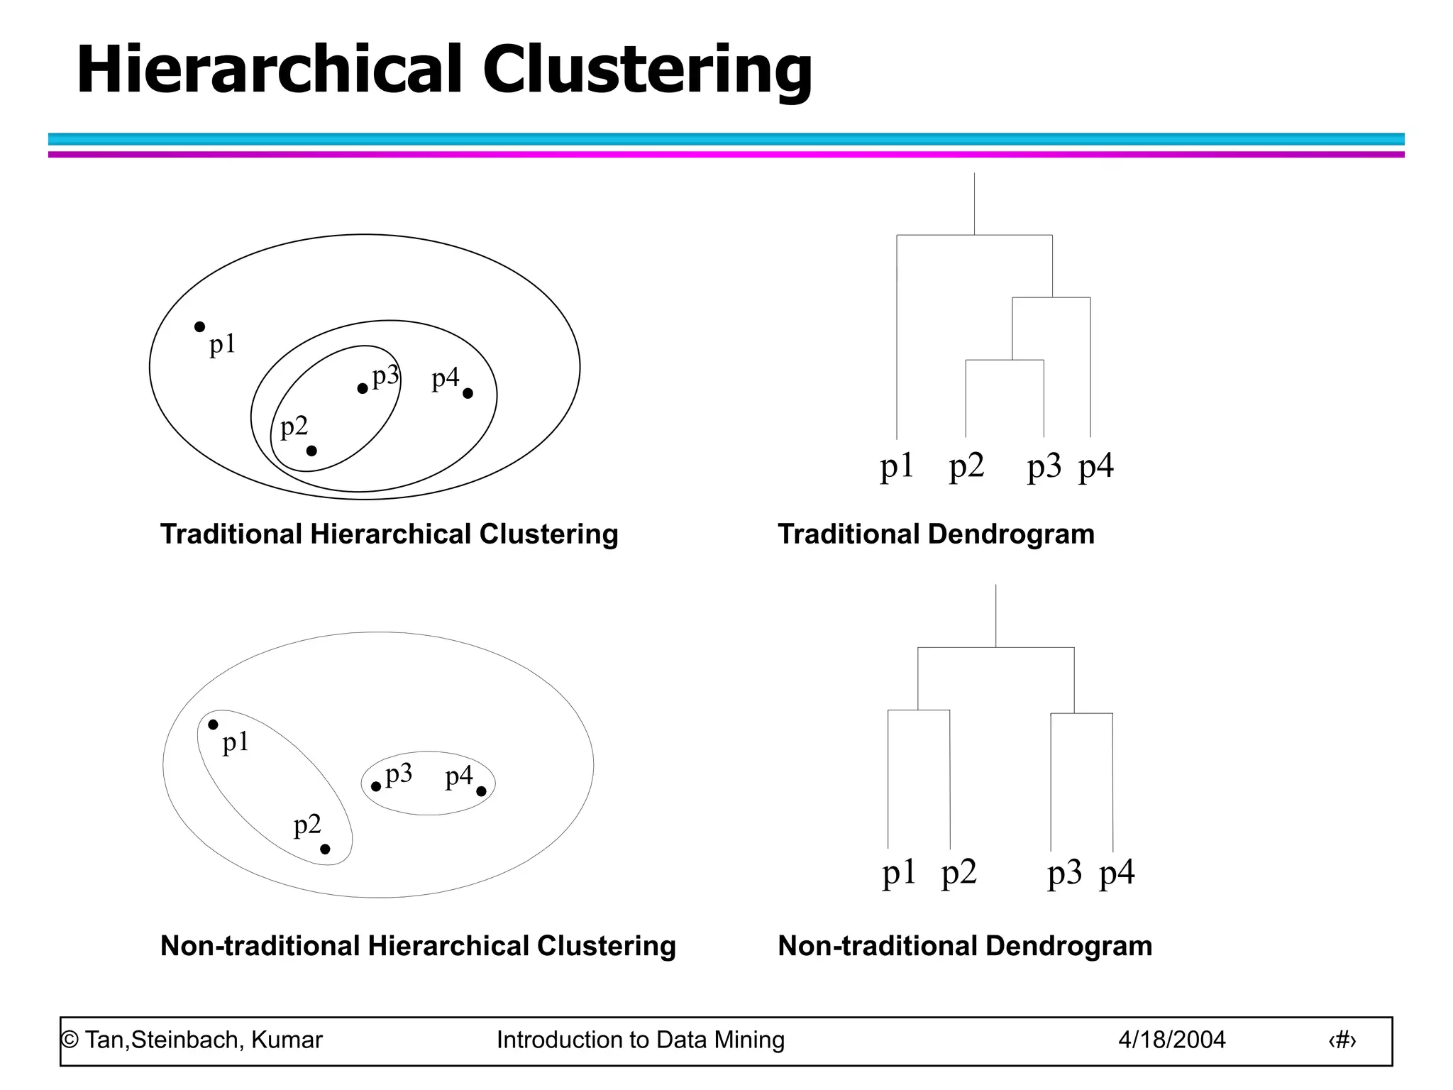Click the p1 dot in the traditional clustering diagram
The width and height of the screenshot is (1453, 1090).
point(200,326)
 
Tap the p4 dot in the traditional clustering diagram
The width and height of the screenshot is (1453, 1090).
point(468,393)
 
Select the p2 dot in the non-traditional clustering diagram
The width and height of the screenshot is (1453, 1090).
point(325,849)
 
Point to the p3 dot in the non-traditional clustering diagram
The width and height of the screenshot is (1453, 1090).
point(376,786)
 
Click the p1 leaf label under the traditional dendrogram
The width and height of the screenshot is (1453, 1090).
point(897,467)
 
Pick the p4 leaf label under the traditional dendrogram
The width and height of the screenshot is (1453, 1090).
point(1096,467)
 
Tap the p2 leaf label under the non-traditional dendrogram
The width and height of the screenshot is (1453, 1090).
point(959,873)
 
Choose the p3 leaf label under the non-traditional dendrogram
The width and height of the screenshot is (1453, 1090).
point(1064,873)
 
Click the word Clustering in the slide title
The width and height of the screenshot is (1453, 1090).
point(647,70)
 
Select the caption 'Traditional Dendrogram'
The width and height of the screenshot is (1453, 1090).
point(936,534)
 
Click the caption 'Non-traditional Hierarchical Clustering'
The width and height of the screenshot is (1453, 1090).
point(418,946)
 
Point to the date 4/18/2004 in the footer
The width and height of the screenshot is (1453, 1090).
point(1172,1040)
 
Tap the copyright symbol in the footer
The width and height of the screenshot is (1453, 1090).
point(70,1040)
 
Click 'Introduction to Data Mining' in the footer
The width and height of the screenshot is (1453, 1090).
point(641,1040)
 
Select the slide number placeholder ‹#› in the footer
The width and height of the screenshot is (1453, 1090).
point(1342,1040)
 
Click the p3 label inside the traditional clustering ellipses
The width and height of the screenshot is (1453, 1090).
point(385,376)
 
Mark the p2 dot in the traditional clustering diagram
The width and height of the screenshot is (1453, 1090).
point(311,451)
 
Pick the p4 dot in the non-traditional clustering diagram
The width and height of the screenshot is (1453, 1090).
point(481,791)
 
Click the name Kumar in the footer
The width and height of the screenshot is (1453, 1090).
point(287,1040)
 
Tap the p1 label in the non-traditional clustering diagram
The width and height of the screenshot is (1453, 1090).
point(236,743)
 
